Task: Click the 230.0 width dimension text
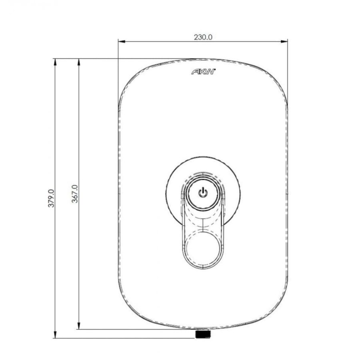point(203,37)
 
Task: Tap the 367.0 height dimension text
point(74,194)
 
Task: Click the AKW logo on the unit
point(203,72)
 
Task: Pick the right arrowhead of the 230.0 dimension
point(285,41)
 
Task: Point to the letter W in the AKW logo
point(211,72)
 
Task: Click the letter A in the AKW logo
point(196,72)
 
